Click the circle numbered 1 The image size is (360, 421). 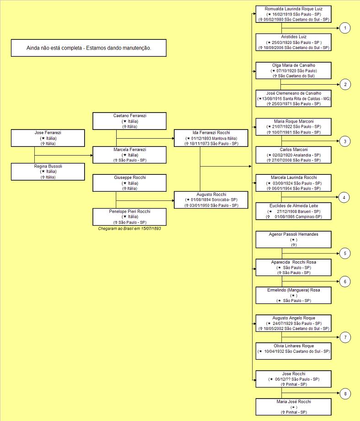[345, 28]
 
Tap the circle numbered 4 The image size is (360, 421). [344, 197]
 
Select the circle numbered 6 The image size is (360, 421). [345, 281]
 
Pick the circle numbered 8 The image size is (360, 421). [345, 394]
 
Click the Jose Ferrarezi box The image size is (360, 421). [48, 138]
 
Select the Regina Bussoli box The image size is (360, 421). [48, 172]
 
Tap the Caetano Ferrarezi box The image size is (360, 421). [129, 121]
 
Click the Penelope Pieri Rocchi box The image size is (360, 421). [129, 217]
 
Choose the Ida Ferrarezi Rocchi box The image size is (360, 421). [211, 138]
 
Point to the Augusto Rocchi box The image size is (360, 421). [211, 200]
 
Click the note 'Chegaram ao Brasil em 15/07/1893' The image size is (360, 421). [129, 229]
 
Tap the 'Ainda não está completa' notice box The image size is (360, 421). [89, 48]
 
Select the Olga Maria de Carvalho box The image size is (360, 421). [293, 70]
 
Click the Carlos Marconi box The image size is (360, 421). [293, 155]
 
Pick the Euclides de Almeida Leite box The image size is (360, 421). [293, 211]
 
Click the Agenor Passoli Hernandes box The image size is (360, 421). [293, 239]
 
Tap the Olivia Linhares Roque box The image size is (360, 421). [293, 351]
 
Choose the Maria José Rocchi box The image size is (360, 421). [293, 407]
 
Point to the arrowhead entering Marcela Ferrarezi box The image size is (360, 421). [91, 155]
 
